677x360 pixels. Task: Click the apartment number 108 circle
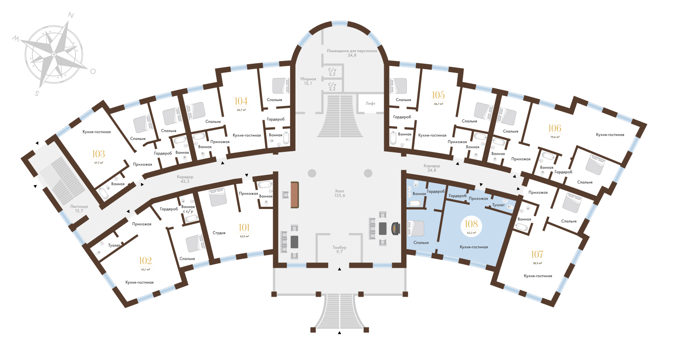point(471,226)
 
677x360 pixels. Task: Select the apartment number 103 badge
point(98,156)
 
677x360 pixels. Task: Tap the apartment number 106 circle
point(555,131)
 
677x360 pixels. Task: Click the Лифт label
point(370,103)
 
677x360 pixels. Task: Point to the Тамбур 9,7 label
point(339,250)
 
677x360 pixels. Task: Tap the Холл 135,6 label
point(340,193)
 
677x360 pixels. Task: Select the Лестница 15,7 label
point(79,209)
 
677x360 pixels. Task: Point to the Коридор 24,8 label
point(431,168)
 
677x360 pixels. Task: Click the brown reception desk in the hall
point(294,195)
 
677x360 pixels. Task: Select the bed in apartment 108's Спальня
point(417,229)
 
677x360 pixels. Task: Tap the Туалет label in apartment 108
point(498,205)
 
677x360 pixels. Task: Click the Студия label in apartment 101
point(218,233)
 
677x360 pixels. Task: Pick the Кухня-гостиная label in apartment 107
point(538,276)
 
